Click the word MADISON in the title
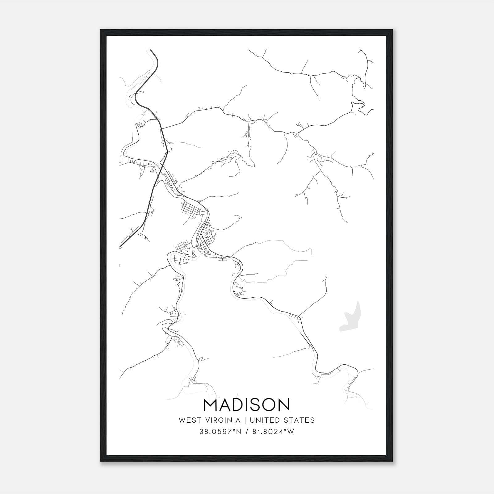point(247,404)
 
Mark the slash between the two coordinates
point(247,432)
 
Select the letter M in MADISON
point(211,404)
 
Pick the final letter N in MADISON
point(283,404)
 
